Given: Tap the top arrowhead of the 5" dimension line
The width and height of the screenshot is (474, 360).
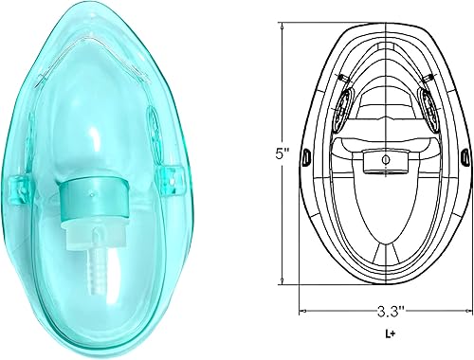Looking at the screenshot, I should (x=283, y=27).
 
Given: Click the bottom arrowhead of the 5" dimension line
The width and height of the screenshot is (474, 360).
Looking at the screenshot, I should (x=283, y=279).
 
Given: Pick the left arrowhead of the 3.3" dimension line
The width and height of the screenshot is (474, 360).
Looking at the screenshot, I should (x=302, y=309).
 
